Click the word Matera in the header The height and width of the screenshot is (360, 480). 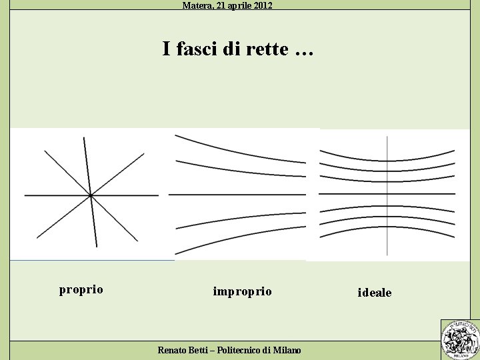point(196,5)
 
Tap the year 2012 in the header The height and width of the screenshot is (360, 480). point(261,5)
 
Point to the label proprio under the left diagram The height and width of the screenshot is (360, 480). point(81,290)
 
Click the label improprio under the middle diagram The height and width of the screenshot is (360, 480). point(242,292)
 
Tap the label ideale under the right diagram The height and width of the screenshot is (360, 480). point(375,293)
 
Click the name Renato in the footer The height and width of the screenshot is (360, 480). point(173,350)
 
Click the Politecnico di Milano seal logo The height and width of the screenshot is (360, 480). point(460,339)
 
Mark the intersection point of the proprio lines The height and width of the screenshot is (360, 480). point(90,195)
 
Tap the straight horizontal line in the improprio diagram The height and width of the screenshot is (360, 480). point(237,194)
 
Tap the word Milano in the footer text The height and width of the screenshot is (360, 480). point(287,350)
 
